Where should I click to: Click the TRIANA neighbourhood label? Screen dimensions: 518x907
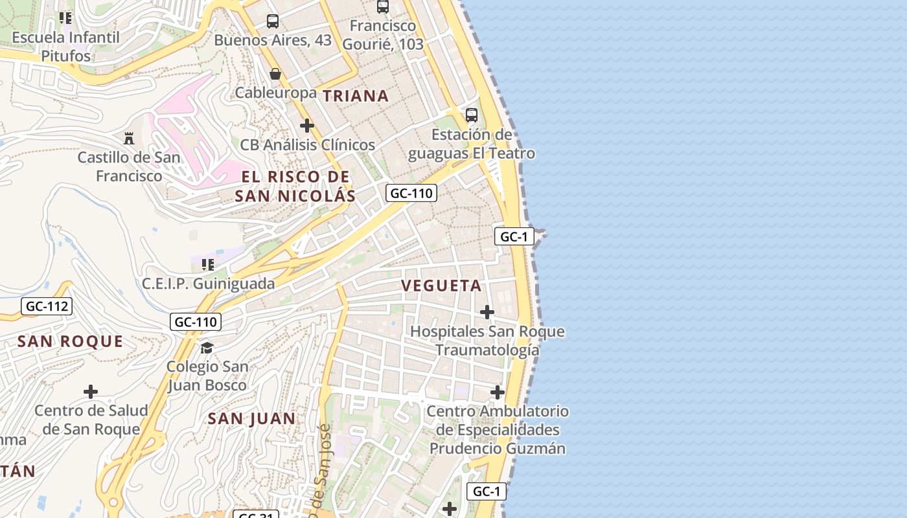[356, 96]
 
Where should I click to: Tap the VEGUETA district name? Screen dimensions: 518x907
[441, 286]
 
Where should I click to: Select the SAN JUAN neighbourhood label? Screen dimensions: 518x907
[251, 419]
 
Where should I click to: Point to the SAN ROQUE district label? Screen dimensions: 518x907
[70, 341]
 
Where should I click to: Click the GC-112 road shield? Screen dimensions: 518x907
[46, 306]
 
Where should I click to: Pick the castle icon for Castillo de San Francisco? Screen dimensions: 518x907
[129, 138]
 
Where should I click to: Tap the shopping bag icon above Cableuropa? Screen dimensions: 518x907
[275, 74]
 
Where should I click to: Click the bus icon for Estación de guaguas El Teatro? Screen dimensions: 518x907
[472, 115]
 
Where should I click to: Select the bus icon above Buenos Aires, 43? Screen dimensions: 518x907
[273, 21]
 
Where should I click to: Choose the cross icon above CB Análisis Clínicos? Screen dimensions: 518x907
[307, 125]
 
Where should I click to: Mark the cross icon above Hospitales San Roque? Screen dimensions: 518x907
[487, 312]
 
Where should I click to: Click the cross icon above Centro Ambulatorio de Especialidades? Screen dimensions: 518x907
[498, 392]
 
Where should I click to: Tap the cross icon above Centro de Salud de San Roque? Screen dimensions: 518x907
[91, 391]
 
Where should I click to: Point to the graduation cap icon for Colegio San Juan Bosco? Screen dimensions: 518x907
[207, 348]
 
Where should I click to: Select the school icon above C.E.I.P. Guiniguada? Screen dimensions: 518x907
[208, 264]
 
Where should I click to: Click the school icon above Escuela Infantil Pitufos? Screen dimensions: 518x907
[65, 17]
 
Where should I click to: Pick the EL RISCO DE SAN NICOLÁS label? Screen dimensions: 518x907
[295, 186]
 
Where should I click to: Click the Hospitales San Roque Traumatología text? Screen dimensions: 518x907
[487, 341]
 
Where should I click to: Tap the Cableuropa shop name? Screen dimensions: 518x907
[275, 93]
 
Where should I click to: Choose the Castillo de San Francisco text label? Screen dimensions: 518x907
[129, 166]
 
